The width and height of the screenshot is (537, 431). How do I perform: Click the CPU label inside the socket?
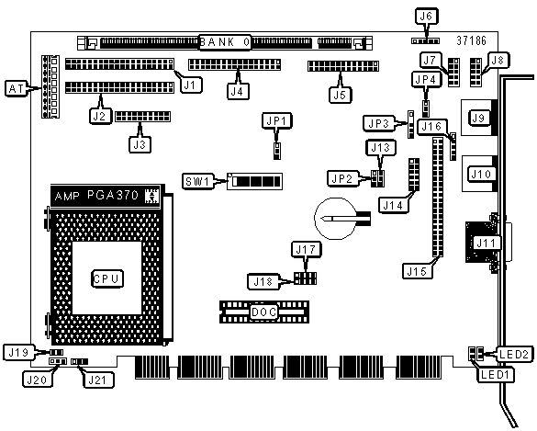tap(107, 278)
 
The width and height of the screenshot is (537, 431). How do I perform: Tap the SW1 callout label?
tap(197, 181)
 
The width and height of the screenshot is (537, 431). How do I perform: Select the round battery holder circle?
tap(335, 219)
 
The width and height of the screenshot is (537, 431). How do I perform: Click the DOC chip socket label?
tap(263, 312)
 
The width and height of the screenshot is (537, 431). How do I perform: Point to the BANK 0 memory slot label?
tap(225, 42)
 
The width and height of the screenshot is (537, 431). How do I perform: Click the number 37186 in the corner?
tap(471, 40)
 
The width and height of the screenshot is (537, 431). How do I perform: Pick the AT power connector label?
tap(17, 89)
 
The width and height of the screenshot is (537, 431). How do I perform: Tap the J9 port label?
tap(478, 118)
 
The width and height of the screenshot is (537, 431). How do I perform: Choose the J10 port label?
tap(481, 175)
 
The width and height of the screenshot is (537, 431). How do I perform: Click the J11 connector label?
tap(487, 244)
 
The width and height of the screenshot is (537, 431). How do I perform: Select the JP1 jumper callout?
tap(276, 120)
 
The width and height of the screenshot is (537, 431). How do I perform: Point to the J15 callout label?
tap(417, 271)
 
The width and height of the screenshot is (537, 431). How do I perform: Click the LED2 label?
tap(514, 354)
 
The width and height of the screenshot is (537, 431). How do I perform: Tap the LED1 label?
tap(495, 374)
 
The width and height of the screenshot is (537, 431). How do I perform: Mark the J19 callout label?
tap(18, 353)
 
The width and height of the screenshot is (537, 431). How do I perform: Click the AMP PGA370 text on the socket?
tap(96, 196)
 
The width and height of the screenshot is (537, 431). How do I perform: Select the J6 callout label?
tap(426, 16)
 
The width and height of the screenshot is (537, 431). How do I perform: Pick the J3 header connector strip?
tap(143, 117)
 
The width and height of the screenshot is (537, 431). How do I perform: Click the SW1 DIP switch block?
tap(254, 181)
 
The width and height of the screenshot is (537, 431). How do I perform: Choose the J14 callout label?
tap(393, 205)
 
